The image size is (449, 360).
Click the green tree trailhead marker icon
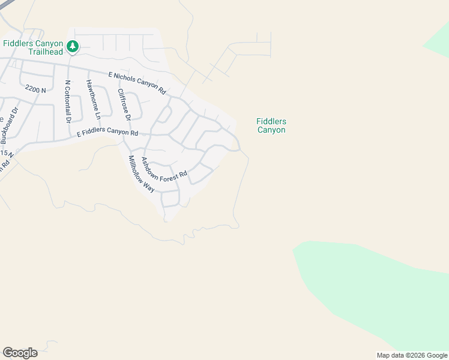click(73, 46)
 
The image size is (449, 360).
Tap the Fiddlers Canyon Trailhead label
click(33, 47)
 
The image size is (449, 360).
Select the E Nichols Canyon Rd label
click(137, 83)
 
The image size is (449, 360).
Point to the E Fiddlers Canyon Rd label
click(107, 133)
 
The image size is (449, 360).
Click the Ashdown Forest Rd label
click(163, 170)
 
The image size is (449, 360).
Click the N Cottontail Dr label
click(68, 102)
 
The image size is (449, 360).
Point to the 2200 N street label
click(35, 88)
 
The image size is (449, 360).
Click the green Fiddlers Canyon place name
click(271, 125)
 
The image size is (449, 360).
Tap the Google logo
click(20, 353)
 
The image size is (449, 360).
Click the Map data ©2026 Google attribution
click(412, 355)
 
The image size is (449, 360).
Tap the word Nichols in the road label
click(128, 80)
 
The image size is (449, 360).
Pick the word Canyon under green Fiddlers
click(271, 130)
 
